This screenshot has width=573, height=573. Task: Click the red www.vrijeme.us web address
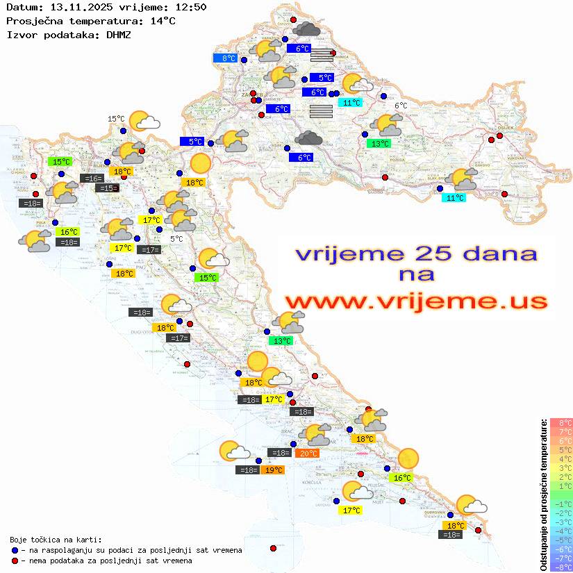(415, 301)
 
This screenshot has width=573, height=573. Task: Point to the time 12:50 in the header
(191, 7)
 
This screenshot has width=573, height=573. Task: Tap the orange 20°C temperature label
(308, 453)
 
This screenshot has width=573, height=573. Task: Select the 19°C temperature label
(273, 470)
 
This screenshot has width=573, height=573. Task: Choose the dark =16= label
(92, 178)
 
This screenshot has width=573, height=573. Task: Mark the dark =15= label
(107, 188)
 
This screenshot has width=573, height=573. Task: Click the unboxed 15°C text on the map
(115, 119)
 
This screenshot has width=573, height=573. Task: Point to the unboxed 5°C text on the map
(176, 238)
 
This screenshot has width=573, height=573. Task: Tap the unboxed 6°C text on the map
(401, 106)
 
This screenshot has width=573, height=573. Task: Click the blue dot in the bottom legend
(15, 550)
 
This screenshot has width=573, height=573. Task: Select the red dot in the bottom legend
(15, 560)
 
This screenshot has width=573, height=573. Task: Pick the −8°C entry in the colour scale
(560, 567)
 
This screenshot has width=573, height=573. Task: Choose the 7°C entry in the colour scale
(560, 431)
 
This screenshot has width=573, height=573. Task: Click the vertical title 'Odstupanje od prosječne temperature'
(542, 494)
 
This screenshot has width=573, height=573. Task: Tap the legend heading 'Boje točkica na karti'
(56, 539)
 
